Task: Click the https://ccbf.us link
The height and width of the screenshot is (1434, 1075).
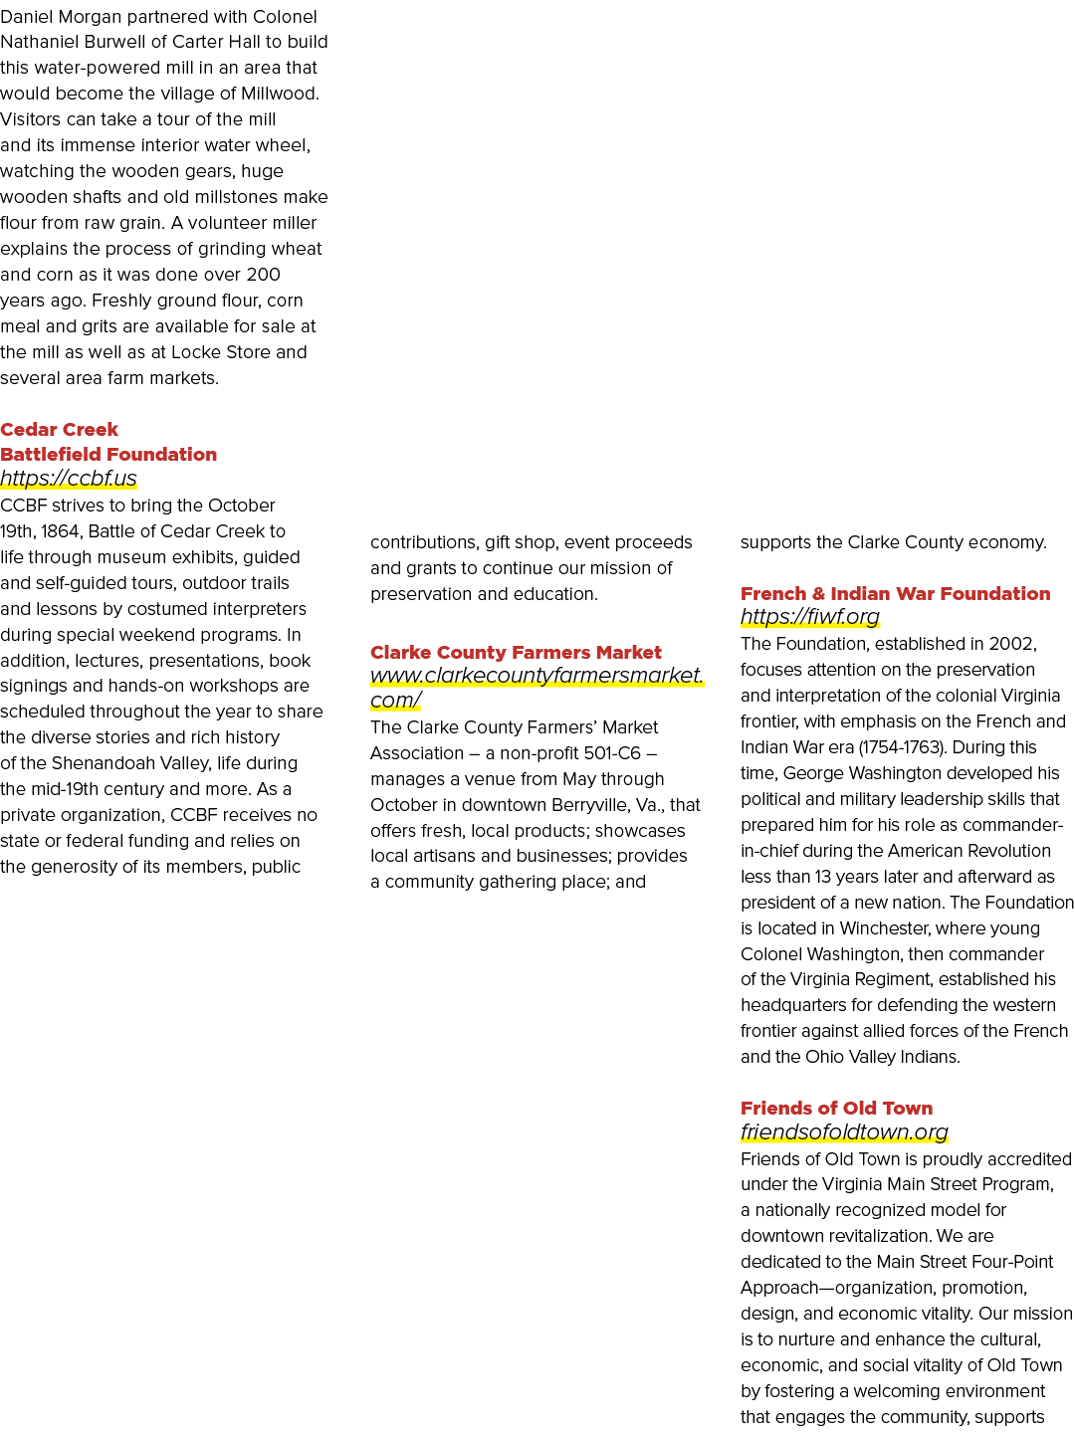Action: click(x=69, y=479)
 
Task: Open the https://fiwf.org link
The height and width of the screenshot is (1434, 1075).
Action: click(x=809, y=617)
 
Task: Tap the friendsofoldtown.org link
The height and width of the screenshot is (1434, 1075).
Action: click(x=844, y=1131)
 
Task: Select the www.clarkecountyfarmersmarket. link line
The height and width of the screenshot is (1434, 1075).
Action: click(x=537, y=675)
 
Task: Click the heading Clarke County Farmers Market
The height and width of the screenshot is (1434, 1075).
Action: click(x=516, y=652)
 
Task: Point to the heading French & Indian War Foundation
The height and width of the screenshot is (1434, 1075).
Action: click(x=895, y=593)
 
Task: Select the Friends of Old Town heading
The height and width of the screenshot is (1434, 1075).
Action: click(x=836, y=1108)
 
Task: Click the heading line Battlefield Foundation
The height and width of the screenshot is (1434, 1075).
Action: click(x=108, y=454)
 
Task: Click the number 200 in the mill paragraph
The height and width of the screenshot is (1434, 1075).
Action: click(x=264, y=275)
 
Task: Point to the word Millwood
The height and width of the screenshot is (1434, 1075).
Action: click(x=280, y=94)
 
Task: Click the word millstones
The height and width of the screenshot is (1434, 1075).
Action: click(x=231, y=197)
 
